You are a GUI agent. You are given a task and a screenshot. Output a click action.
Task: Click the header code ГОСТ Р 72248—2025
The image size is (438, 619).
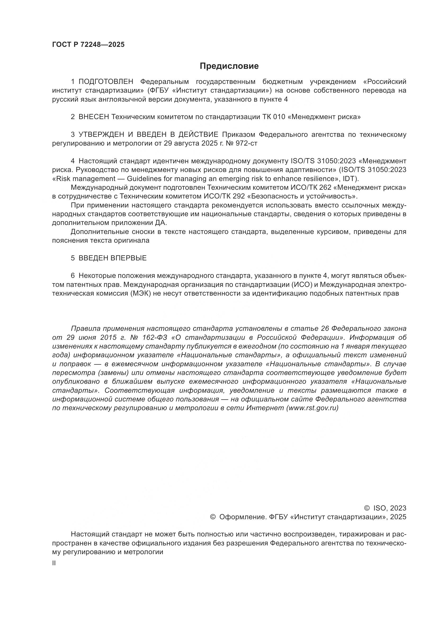tap(88, 45)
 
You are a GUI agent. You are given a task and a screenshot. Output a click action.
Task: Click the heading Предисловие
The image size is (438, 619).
tap(229, 66)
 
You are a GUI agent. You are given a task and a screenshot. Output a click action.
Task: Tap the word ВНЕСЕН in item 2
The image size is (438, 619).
tap(94, 117)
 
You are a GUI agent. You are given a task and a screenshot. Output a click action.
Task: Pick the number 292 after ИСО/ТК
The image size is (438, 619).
tap(238, 196)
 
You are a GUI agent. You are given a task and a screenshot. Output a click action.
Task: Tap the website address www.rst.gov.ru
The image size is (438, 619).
tap(312, 408)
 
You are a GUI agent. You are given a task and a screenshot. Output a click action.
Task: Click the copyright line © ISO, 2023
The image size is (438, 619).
tap(385, 508)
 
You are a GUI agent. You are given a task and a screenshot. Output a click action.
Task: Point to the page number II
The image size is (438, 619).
tap(54, 563)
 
